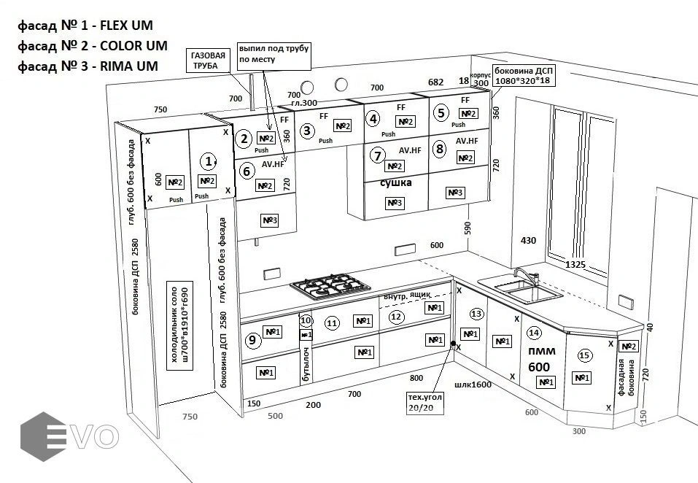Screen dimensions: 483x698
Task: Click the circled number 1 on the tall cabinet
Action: pos(209,161)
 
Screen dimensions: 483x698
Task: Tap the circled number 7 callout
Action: pos(377,155)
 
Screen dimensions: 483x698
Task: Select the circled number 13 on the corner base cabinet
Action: pos(476,314)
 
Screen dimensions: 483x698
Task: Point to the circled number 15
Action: pos(583,356)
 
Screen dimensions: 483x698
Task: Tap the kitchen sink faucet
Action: pos(523,277)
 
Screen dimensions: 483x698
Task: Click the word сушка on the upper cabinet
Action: pos(396,183)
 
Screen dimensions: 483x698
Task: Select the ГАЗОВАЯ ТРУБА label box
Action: pos(208,61)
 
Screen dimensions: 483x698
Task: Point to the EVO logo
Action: pos(69,435)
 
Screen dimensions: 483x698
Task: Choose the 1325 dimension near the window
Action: pos(575,264)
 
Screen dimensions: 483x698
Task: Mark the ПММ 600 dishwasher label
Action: pos(540,358)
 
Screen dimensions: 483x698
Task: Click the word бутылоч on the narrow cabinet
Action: pos(307,365)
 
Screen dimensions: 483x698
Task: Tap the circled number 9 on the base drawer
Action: pos(252,339)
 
